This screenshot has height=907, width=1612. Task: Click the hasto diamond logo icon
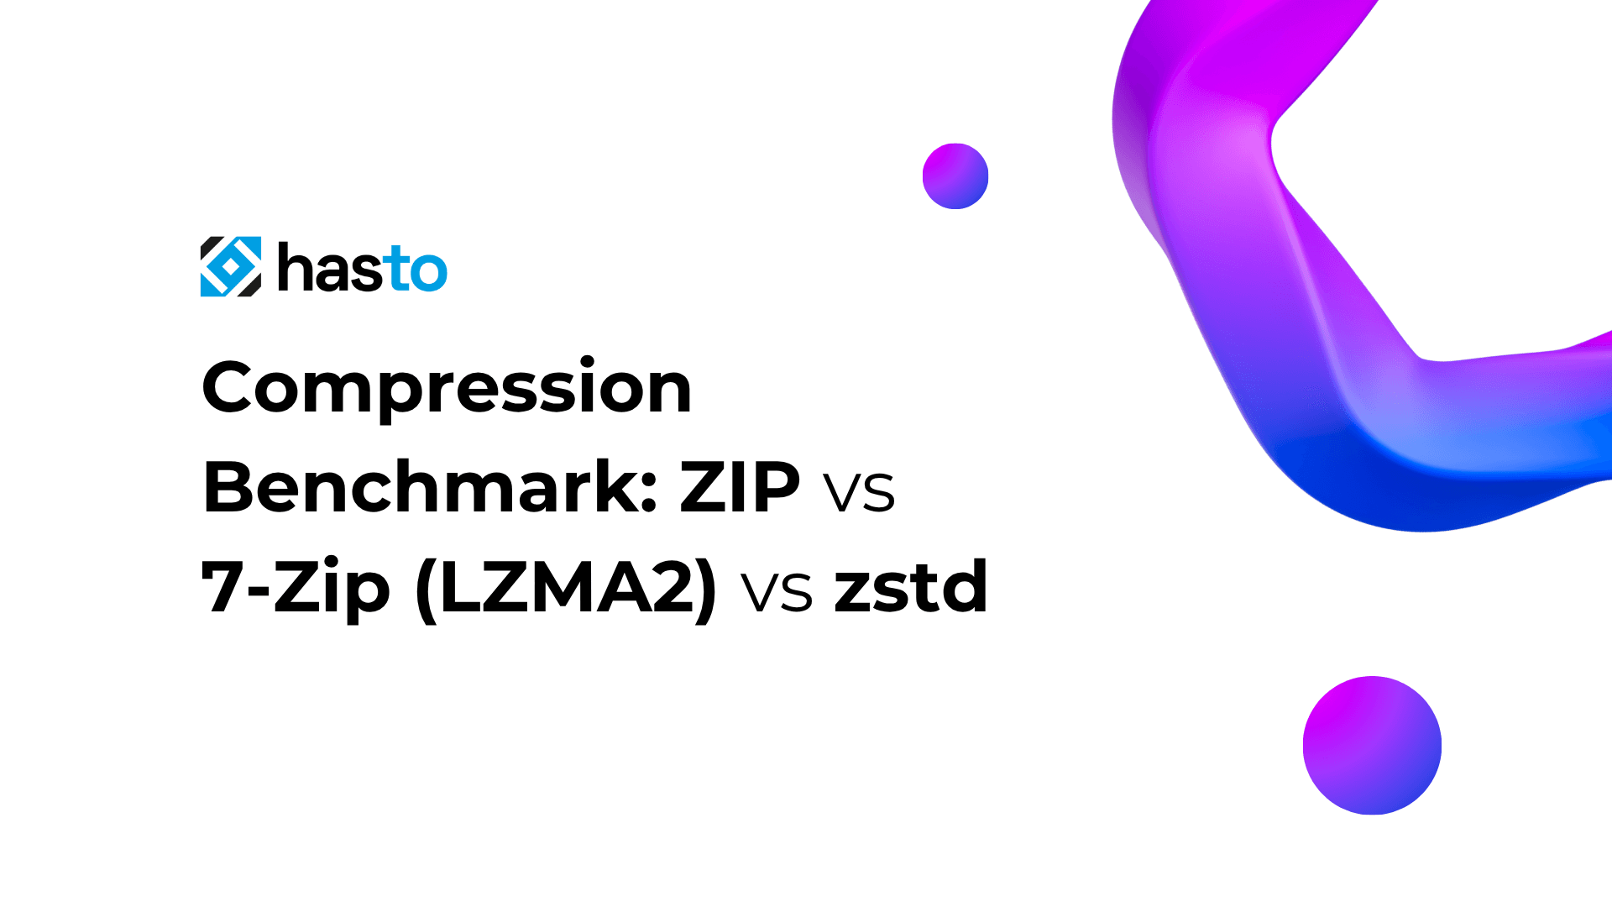pos(230,266)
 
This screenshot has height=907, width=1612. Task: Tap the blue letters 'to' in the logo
pos(416,270)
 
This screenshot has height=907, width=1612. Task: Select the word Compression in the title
pos(447,388)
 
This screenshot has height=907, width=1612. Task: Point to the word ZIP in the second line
pos(740,487)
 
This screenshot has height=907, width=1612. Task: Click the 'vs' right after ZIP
pos(859,492)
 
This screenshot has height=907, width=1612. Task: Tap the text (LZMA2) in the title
pos(567,587)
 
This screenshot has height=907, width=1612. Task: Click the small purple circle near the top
pos(955,176)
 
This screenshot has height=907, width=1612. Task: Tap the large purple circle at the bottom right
pos(1372,746)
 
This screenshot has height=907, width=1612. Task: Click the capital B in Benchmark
pos(228,487)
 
